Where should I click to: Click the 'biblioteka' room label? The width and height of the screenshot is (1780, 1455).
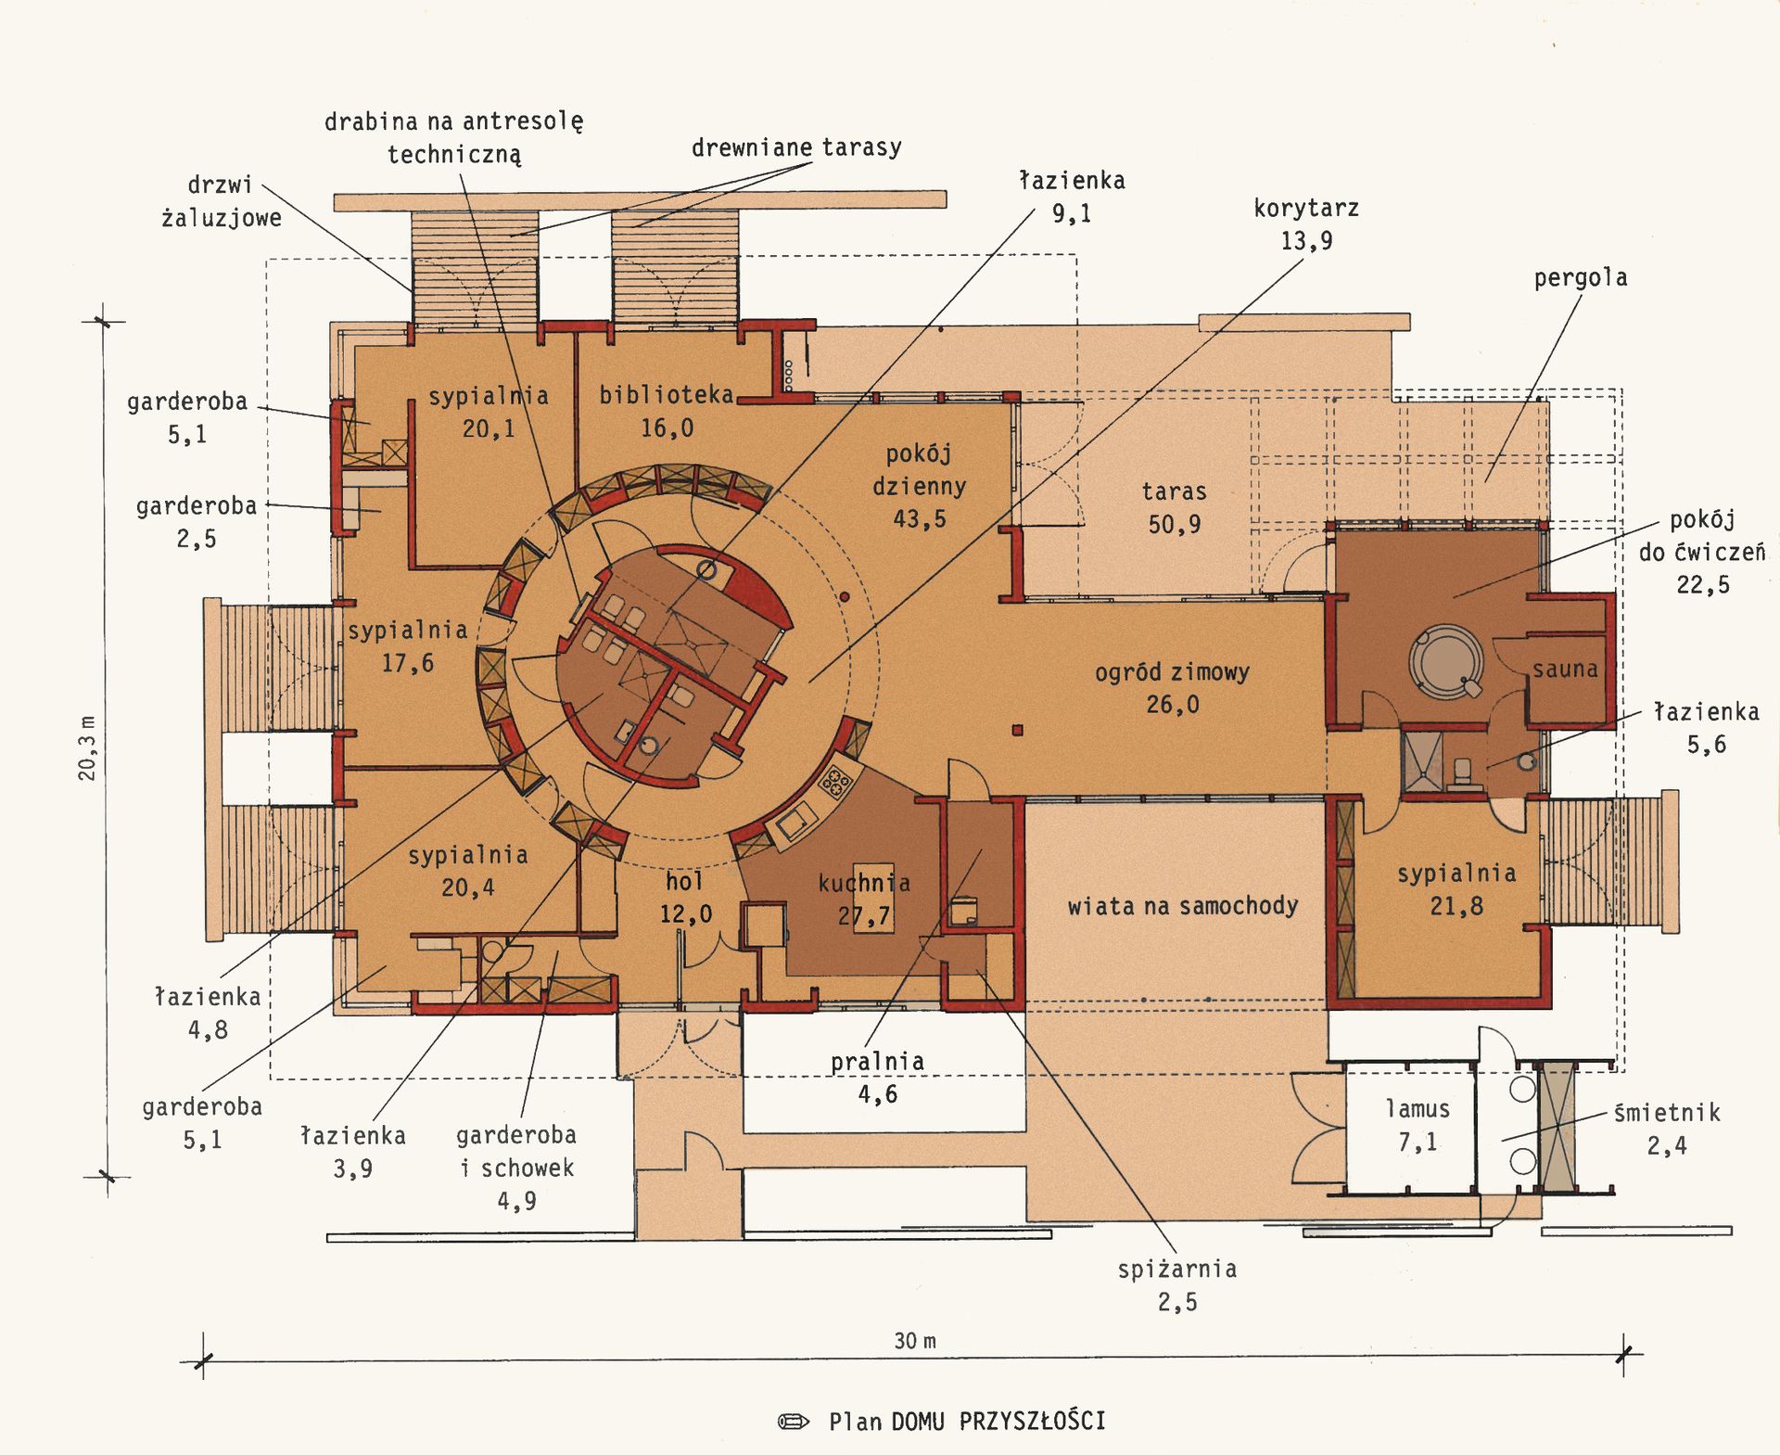pos(667,395)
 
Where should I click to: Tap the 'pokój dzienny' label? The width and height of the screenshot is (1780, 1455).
pos(919,470)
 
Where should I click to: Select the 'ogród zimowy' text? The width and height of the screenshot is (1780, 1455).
pos(1172,671)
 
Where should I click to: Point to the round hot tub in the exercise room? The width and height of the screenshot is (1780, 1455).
pos(1446,661)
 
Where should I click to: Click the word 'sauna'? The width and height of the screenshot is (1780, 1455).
pos(1565,669)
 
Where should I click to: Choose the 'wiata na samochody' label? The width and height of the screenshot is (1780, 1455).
pos(1182,905)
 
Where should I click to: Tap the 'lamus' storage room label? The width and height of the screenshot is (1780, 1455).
pos(1418,1108)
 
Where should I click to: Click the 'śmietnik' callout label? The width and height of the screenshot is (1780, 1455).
pos(1667,1112)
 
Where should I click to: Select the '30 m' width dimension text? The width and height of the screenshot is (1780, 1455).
pos(915,1341)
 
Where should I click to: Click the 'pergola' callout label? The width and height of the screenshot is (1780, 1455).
pos(1581,278)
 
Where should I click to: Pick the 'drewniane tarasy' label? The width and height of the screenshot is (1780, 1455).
pos(796,147)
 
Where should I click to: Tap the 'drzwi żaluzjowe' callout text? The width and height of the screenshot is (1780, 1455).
pos(221,201)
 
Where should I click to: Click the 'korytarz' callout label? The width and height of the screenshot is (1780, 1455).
pos(1306,208)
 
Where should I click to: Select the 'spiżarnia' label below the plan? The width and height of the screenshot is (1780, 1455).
pos(1177,1269)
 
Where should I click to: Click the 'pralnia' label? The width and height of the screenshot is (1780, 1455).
pos(877,1061)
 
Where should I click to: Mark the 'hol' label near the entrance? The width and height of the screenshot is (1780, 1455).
pos(684,881)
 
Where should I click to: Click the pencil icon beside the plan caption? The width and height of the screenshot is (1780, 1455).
pos(794,1422)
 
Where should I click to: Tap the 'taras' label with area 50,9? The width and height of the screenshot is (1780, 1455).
pos(1174,491)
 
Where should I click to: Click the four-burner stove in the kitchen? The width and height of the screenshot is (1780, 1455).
pos(834,782)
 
